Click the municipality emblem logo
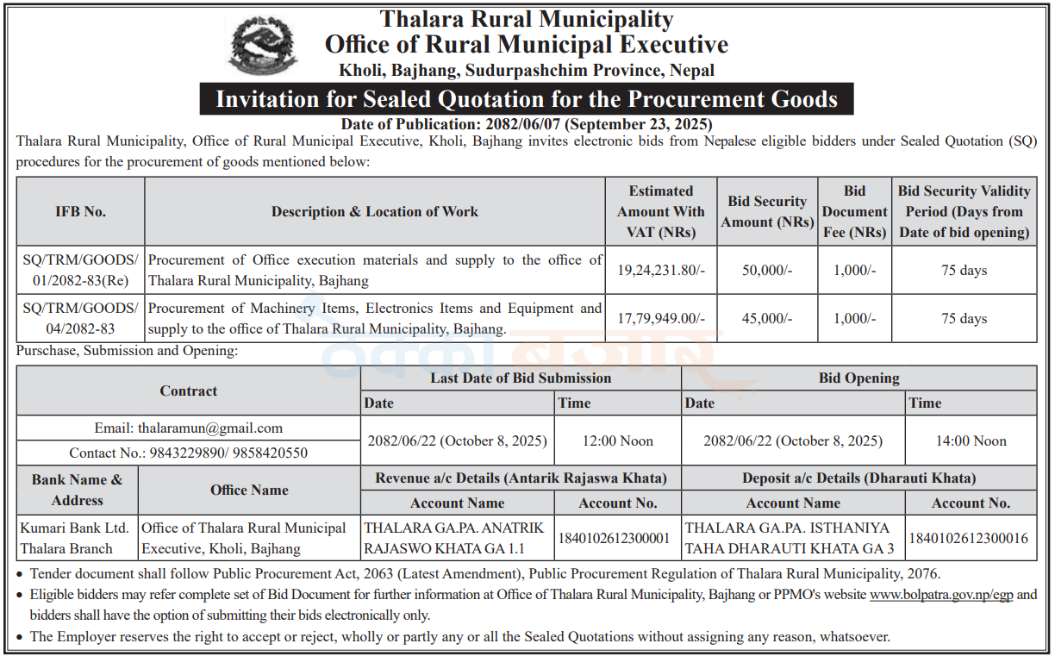click(263, 45)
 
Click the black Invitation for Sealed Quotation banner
click(526, 99)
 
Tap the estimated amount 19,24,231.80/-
click(661, 270)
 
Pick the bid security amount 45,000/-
click(767, 318)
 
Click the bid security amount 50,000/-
click(767, 270)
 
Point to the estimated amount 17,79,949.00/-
click(661, 318)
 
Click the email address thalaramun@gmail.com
click(210, 428)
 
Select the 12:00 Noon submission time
click(617, 440)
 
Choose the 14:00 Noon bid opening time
click(971, 440)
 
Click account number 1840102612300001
click(614, 538)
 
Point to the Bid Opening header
click(858, 378)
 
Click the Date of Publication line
click(526, 123)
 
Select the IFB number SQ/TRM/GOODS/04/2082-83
click(80, 318)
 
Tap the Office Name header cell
click(249, 490)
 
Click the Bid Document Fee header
click(853, 211)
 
